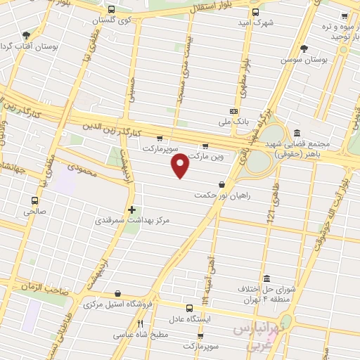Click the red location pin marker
[181, 165]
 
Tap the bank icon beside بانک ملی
[233, 112]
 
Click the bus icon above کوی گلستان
[111, 10]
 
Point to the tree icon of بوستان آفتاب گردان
[27, 34]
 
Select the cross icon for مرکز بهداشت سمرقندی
[131, 210]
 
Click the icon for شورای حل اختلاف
[266, 278]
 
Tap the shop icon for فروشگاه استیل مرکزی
[117, 294]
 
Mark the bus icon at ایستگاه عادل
[188, 307]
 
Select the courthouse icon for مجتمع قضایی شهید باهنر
[297, 133]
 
